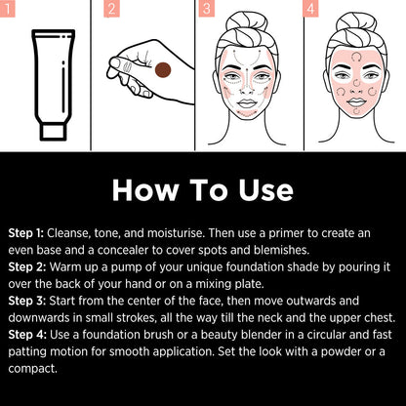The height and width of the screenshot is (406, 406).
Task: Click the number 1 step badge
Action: coord(11,10)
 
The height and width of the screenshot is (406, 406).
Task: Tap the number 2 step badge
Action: coord(111,10)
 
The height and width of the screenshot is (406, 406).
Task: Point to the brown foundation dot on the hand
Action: coord(164,69)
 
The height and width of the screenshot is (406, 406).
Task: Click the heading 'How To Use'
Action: coord(203,189)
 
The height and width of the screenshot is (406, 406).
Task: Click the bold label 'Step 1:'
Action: coord(26,233)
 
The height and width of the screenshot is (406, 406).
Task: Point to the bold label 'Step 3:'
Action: coord(26,318)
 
